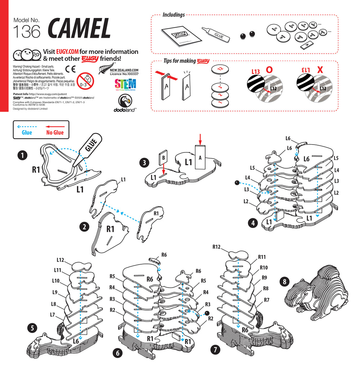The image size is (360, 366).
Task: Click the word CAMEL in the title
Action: (x=79, y=28)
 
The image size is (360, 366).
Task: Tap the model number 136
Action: (x=26, y=32)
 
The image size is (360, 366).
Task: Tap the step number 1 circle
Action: (x=22, y=155)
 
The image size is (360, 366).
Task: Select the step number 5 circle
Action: (x=32, y=327)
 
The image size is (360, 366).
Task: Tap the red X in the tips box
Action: (x=320, y=70)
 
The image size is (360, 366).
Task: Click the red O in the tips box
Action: (x=269, y=70)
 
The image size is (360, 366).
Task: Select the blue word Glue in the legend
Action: (x=27, y=132)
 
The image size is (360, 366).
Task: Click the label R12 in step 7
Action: (x=216, y=247)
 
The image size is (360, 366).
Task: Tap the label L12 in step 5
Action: (x=60, y=260)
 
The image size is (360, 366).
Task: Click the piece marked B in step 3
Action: (x=163, y=157)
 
